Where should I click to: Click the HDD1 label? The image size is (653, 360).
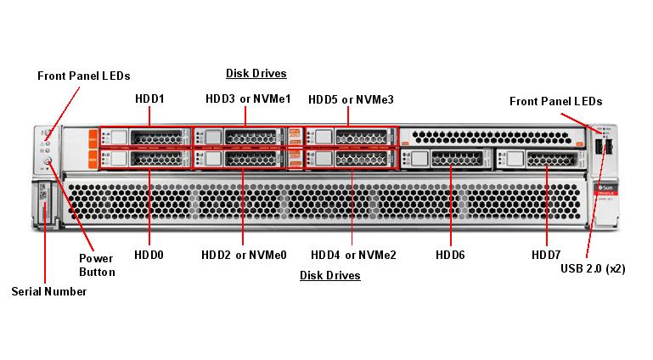coord(149,99)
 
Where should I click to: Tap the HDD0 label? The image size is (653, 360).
coord(149,254)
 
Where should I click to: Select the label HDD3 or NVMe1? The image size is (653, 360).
coord(248,99)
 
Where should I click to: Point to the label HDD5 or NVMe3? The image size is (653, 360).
coord(351,99)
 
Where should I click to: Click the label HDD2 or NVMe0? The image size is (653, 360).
coord(244,254)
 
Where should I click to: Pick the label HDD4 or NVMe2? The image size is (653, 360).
coord(353,254)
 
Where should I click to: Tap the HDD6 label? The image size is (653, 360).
coord(450,254)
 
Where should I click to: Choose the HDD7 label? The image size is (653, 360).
coord(546,254)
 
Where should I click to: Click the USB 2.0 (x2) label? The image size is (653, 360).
coord(593,268)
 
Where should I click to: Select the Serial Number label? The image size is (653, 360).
coord(48,291)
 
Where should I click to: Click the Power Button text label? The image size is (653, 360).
coord(96,265)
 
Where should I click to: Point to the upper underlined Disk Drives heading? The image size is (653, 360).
coord(256,73)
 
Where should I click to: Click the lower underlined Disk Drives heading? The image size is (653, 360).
coord(329,275)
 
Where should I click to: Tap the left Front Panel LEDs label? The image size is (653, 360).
coord(83,76)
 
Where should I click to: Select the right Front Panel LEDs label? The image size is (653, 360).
coord(555,101)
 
